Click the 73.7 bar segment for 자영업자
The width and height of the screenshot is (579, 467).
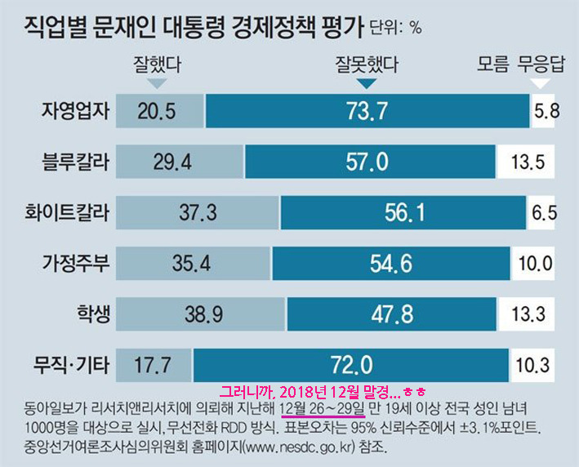click(x=367, y=111)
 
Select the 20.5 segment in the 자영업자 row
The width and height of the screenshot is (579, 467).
click(x=160, y=111)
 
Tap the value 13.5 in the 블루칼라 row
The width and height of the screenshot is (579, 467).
click(x=528, y=162)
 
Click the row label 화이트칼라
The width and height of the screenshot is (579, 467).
click(x=67, y=212)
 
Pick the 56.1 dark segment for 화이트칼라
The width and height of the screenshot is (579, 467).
click(x=403, y=212)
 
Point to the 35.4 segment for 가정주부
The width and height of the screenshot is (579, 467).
click(x=193, y=263)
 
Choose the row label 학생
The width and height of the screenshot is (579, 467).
click(x=93, y=314)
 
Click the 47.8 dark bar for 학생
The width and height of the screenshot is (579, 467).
click(x=392, y=314)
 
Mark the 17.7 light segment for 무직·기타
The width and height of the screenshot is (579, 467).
click(x=154, y=365)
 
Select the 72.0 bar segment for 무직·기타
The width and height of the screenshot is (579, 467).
click(x=351, y=365)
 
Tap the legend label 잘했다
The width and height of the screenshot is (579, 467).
click(x=158, y=64)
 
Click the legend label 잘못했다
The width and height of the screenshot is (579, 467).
click(x=367, y=64)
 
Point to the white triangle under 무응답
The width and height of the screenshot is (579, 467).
click(x=540, y=83)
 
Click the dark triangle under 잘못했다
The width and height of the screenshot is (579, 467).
click(x=367, y=83)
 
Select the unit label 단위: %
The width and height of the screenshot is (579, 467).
click(x=396, y=28)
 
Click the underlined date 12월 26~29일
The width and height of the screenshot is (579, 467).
click(x=323, y=409)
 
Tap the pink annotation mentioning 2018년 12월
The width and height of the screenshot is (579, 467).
click(x=323, y=392)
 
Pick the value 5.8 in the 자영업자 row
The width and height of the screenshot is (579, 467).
click(x=547, y=111)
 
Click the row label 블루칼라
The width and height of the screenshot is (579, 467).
click(x=76, y=162)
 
